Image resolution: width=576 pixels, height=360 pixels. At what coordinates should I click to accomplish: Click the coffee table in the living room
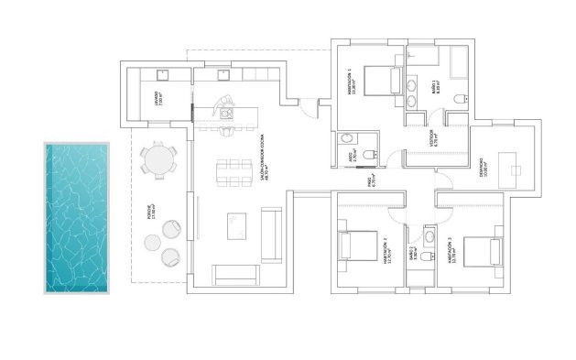click(x=237, y=224)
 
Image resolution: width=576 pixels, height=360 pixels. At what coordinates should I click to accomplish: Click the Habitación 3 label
click(x=451, y=251)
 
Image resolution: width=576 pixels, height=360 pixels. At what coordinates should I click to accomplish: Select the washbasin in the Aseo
click(x=345, y=138)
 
